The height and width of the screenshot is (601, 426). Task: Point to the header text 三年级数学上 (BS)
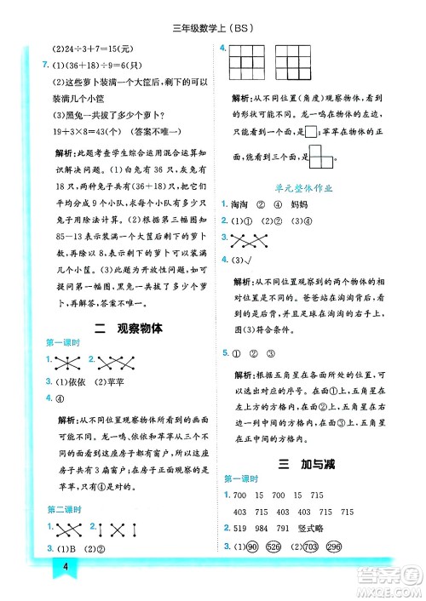[213, 25]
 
